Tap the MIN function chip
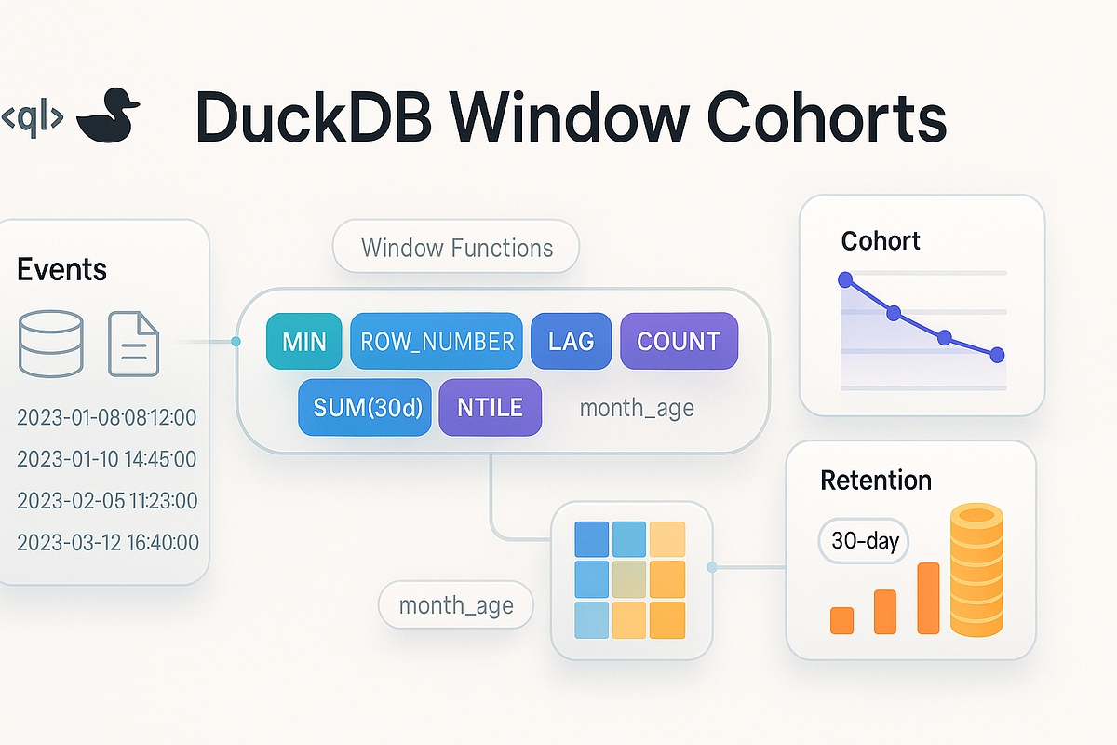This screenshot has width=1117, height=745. point(303,341)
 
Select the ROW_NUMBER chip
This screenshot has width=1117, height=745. point(436,341)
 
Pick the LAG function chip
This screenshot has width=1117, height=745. point(571,341)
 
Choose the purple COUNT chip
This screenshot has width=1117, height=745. point(679,341)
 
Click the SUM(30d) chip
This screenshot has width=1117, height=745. point(364,407)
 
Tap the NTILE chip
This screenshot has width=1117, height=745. point(490,407)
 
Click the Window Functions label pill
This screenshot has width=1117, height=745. point(456,248)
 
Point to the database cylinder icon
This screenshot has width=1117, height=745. point(50,343)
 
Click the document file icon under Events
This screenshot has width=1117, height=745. point(134,343)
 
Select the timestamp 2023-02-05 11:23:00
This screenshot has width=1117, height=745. point(107,501)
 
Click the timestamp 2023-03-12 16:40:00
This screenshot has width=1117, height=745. point(107,543)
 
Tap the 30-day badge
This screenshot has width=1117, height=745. point(864,540)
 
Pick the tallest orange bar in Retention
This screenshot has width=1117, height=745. point(928,598)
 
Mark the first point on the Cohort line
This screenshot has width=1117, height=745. point(845,278)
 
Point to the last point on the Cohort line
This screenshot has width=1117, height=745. point(997,354)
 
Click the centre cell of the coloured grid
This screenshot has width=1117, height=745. point(629,579)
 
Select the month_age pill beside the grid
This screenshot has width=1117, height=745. point(456,606)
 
